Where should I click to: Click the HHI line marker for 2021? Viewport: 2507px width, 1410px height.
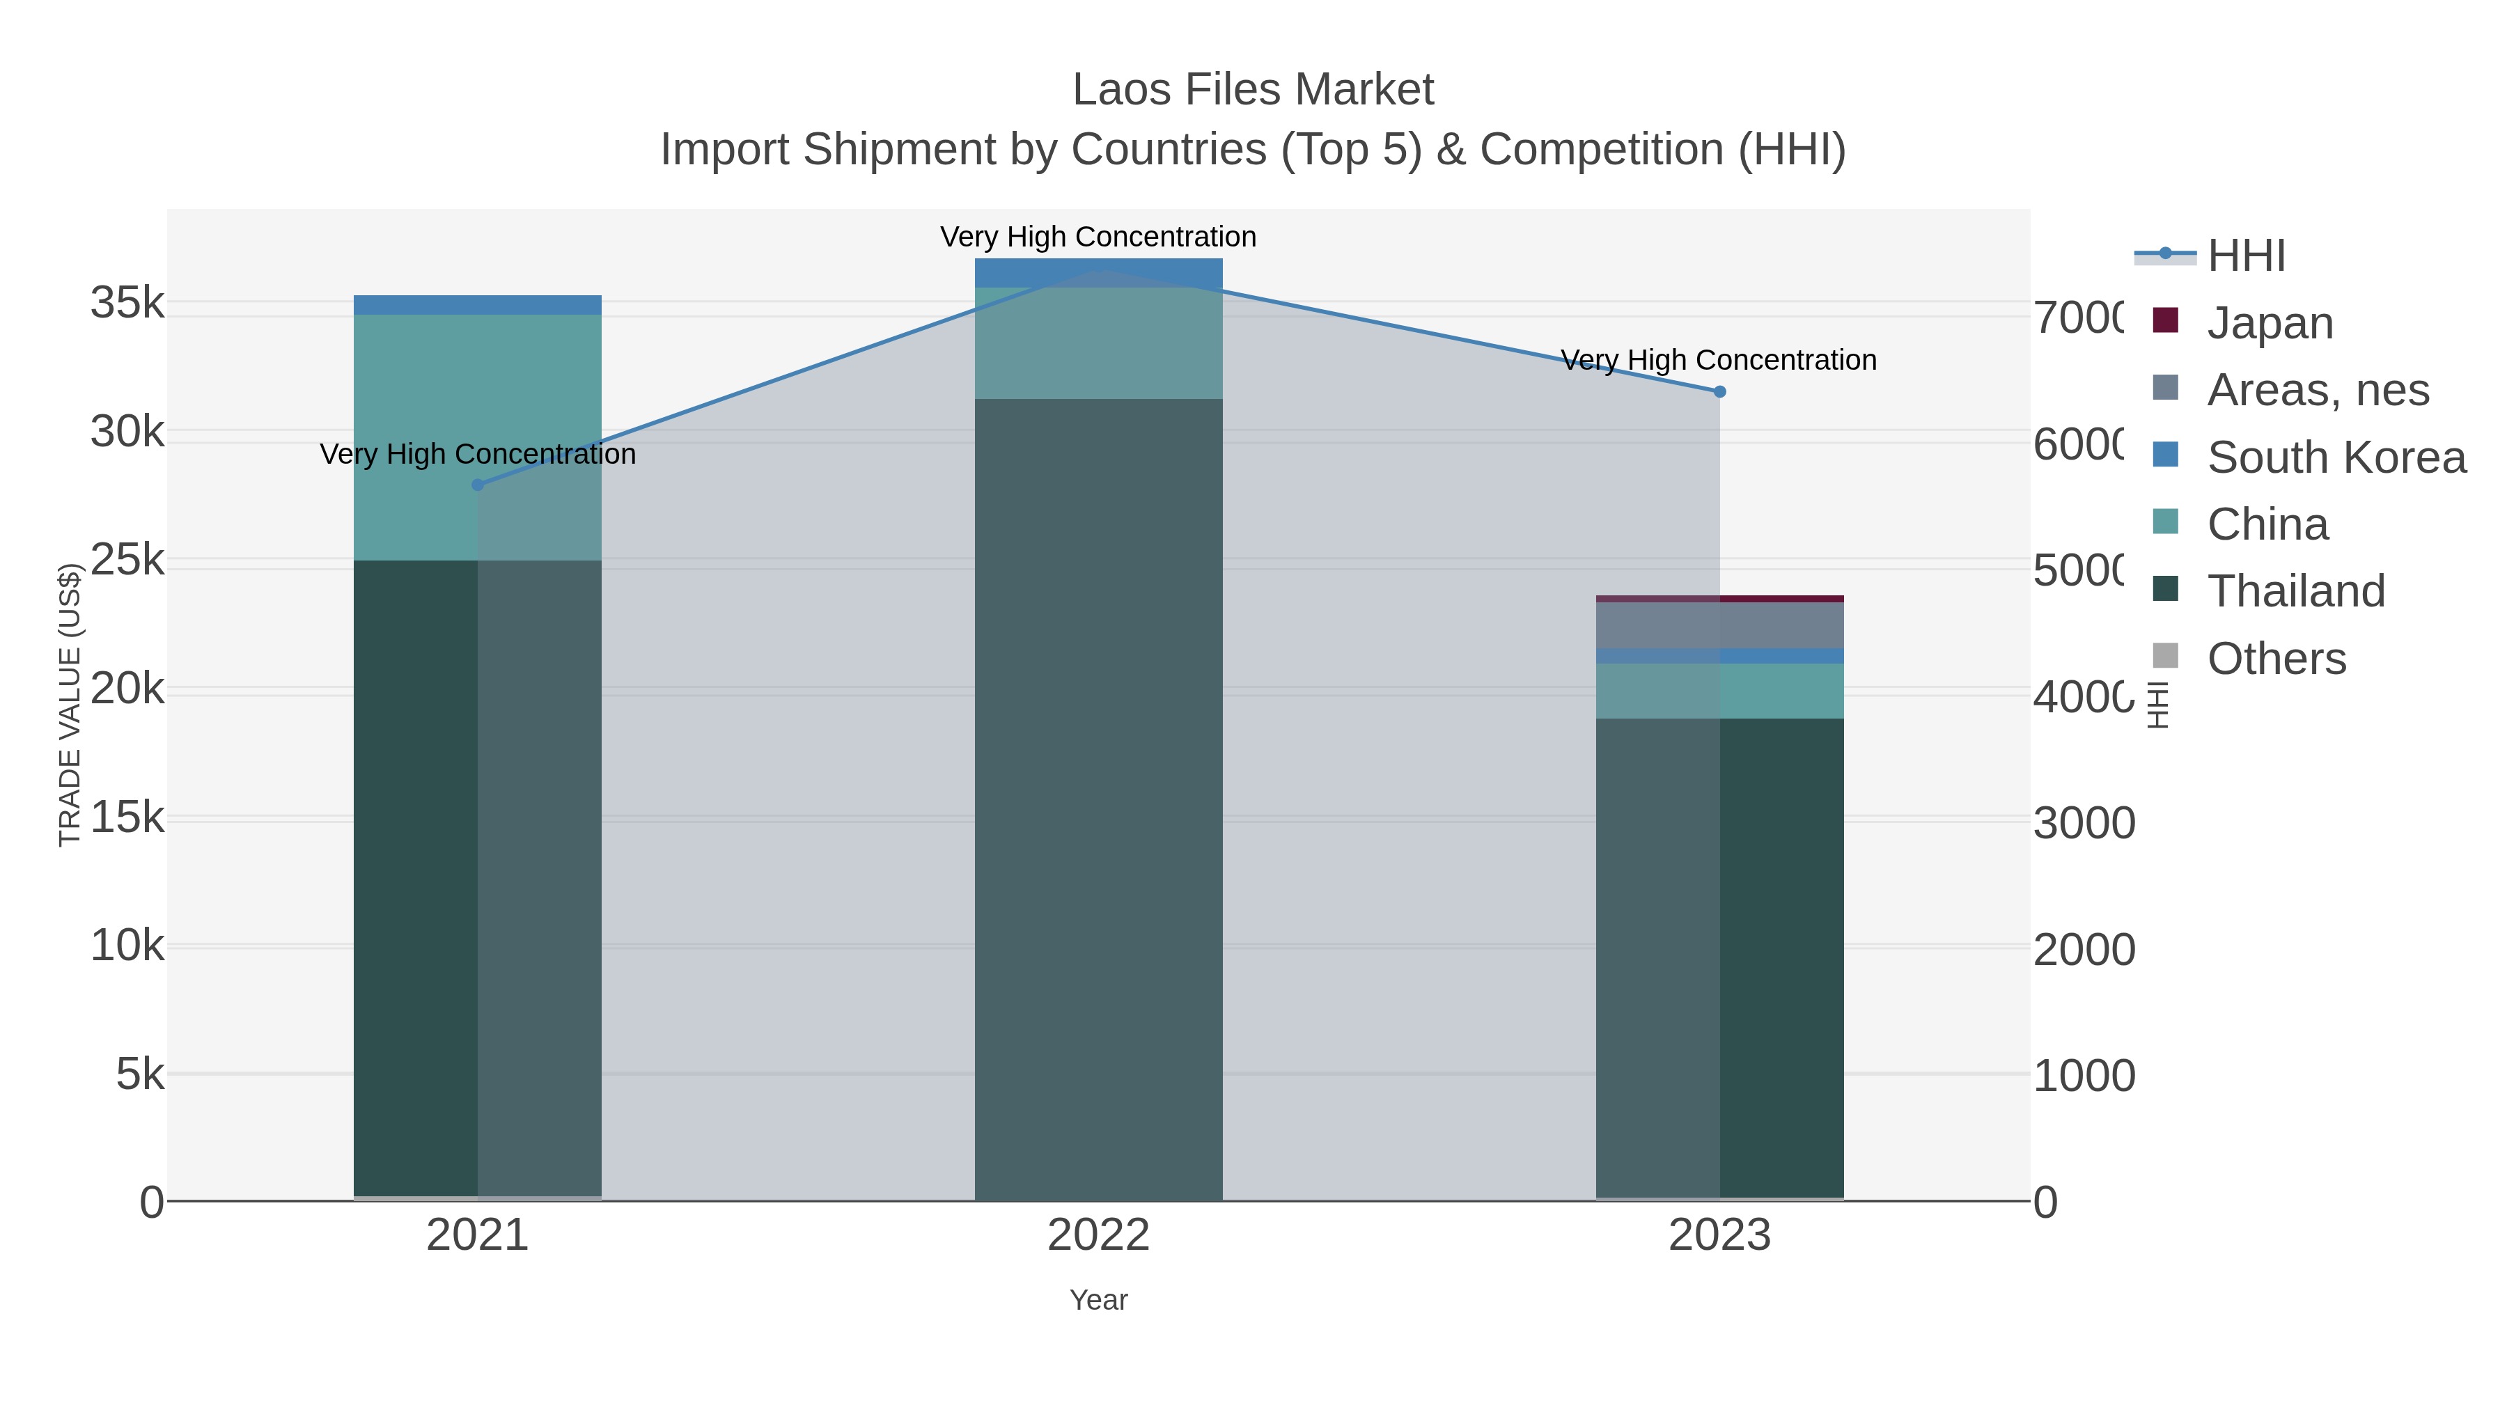pos(477,485)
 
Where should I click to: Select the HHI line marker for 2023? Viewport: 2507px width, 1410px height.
pos(1719,391)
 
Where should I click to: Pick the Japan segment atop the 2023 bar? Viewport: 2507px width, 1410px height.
pos(1719,598)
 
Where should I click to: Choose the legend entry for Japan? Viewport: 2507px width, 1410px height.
pos(2270,322)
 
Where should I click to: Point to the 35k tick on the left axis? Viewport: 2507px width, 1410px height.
pos(127,303)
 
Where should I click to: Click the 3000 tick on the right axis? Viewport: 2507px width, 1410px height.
pos(2084,823)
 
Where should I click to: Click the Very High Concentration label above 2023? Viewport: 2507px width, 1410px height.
pos(1719,360)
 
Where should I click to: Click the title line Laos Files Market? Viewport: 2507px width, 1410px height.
pos(1253,90)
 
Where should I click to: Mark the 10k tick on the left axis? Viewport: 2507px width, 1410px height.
pos(127,945)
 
